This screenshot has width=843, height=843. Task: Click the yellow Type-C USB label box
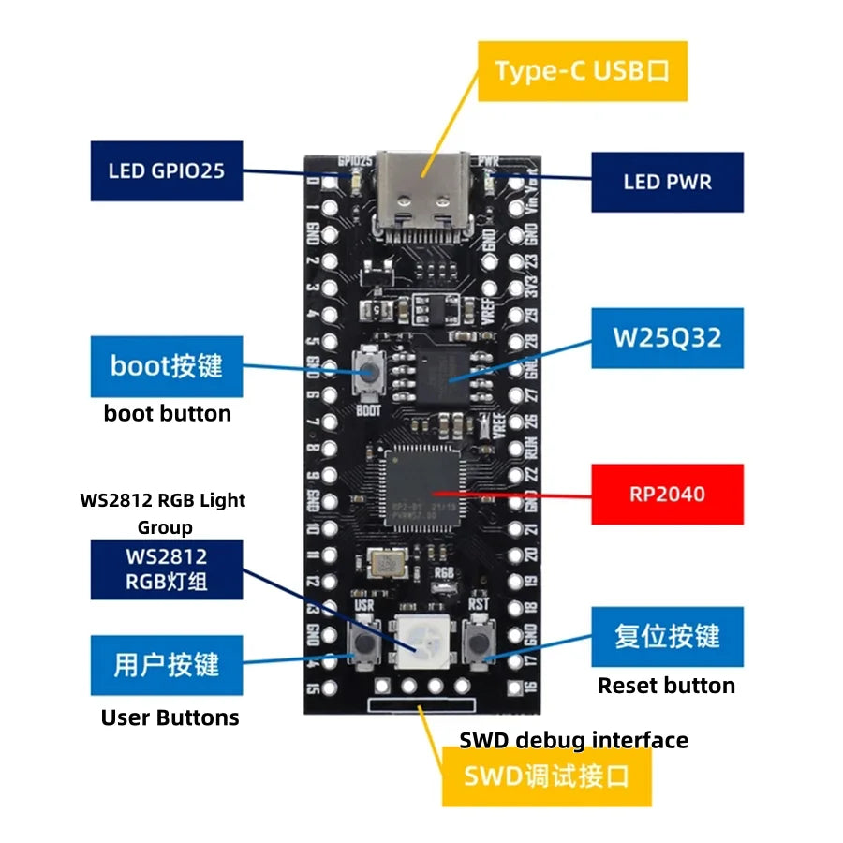583,71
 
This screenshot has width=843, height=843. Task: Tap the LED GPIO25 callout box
166,170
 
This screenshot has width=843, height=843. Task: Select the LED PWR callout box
667,182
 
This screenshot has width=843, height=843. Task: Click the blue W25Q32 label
667,337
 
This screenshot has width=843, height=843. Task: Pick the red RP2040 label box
667,494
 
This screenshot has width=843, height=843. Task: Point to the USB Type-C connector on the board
421,192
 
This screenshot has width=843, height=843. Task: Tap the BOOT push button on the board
368,375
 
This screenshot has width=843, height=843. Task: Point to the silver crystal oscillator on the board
384,564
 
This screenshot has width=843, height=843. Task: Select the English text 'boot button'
167,413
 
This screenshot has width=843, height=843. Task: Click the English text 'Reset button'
666,686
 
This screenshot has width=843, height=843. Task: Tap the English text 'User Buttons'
170,718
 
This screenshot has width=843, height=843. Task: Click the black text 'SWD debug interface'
573,740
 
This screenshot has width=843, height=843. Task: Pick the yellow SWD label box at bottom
546,776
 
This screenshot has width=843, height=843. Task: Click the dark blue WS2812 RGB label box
166,569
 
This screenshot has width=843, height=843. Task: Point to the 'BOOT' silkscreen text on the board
368,409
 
